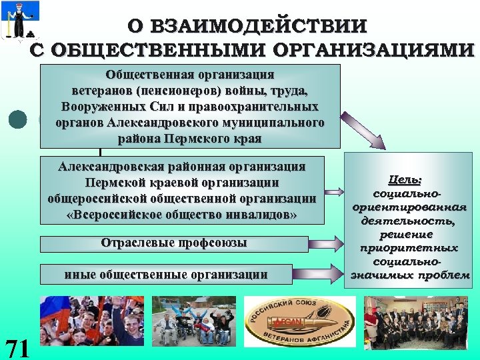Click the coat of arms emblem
pyautogui.click(x=20, y=20)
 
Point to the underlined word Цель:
pyautogui.click(x=405, y=180)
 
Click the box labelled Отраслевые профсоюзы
pyautogui.click(x=173, y=243)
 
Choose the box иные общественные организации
pyautogui.click(x=166, y=274)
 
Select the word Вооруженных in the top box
pyautogui.click(x=103, y=107)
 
